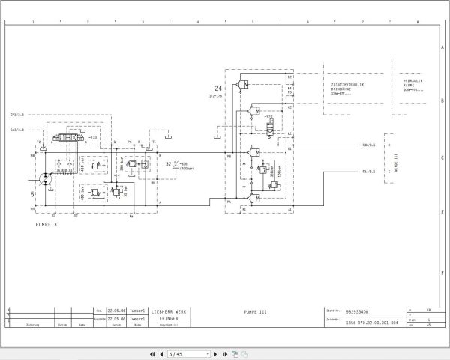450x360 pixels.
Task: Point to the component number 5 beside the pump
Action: pyautogui.click(x=32, y=194)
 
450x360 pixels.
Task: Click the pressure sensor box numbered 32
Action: pyautogui.click(x=175, y=163)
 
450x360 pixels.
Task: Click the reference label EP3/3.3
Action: pyautogui.click(x=17, y=115)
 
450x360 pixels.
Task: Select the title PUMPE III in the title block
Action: pyautogui.click(x=255, y=310)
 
